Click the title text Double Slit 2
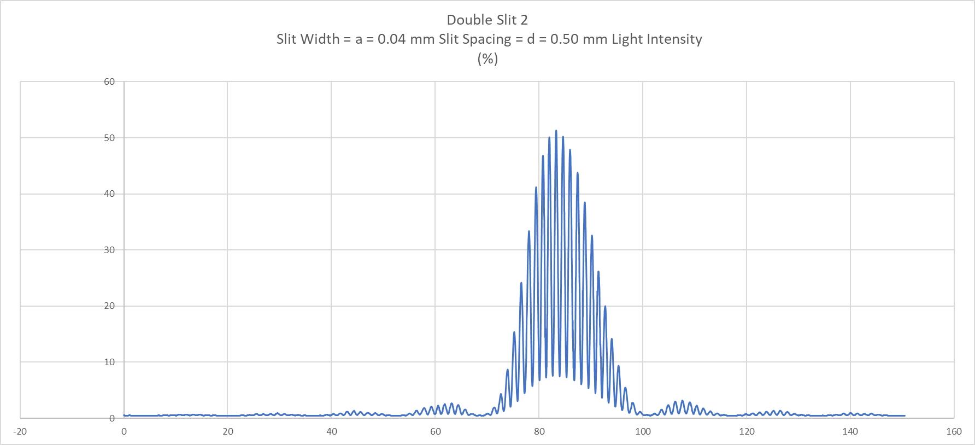487,20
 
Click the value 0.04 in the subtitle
391,39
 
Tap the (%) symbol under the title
487,59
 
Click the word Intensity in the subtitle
674,39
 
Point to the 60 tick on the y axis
109,82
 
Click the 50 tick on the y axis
109,138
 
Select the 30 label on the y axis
109,250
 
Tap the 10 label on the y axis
109,362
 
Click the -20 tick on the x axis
20,431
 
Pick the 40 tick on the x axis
331,431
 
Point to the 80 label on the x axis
539,431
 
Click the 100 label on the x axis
643,431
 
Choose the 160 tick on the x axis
954,431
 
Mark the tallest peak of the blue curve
556,131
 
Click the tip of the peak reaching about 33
529,231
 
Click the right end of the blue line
904,415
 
